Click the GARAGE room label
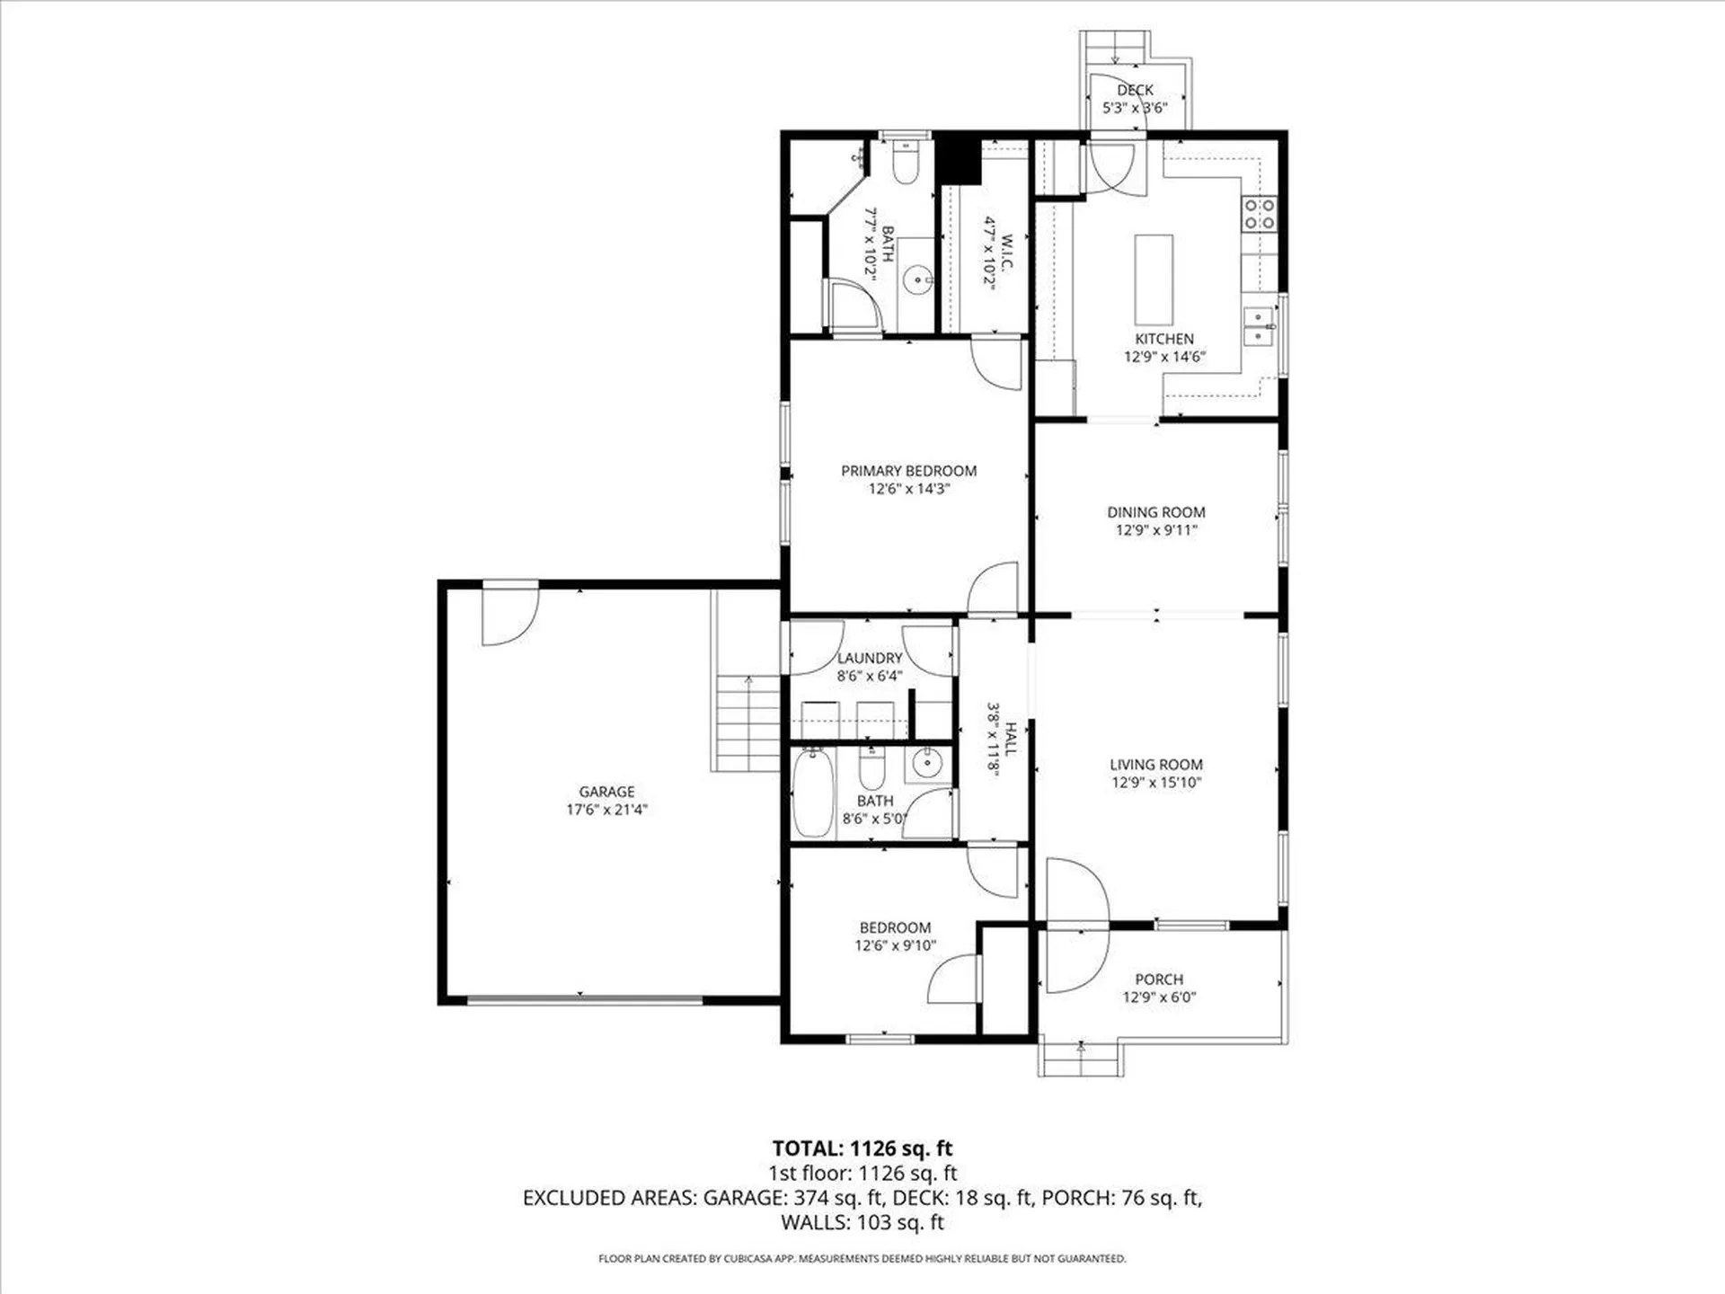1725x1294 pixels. click(x=606, y=792)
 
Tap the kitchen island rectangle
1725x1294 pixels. click(x=1154, y=279)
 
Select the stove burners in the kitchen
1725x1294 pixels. click(x=1258, y=214)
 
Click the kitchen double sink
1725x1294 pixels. click(x=1258, y=325)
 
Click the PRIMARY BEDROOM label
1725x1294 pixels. click(x=908, y=471)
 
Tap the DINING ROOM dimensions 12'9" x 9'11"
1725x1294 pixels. click(x=1155, y=530)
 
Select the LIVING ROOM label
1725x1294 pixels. click(x=1155, y=765)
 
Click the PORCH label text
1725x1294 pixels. click(x=1158, y=979)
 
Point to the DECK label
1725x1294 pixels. click(x=1135, y=90)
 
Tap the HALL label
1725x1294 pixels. click(x=1010, y=739)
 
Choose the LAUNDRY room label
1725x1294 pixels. click(x=870, y=658)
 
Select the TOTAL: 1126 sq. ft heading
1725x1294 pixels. click(x=862, y=1148)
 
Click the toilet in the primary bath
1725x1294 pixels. click(x=905, y=164)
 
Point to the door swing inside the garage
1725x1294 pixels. click(x=509, y=616)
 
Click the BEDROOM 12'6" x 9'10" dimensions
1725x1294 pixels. click(x=895, y=945)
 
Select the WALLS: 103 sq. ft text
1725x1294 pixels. click(x=862, y=1222)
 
